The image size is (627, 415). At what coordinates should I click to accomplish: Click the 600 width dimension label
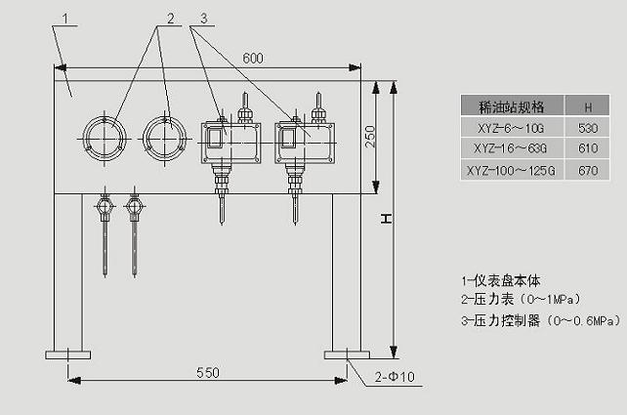(253, 59)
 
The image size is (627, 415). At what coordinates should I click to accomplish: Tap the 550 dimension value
(208, 373)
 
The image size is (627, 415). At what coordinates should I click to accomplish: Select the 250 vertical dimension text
(370, 137)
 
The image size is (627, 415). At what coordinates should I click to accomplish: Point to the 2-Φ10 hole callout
(395, 377)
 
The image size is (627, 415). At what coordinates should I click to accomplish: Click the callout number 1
(65, 19)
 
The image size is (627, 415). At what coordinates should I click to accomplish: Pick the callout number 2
(171, 19)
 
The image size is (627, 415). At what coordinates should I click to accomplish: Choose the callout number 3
(204, 19)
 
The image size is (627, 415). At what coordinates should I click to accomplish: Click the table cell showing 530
(588, 128)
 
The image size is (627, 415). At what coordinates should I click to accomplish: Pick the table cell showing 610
(588, 148)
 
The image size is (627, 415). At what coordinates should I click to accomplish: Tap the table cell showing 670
(588, 171)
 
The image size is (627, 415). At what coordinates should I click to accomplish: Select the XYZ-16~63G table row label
(510, 148)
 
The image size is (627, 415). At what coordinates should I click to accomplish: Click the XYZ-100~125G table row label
(511, 171)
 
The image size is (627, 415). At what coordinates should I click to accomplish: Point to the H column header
(588, 107)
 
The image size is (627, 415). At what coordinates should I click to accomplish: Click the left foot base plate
(68, 354)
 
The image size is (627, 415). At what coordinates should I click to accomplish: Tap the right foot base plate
(347, 354)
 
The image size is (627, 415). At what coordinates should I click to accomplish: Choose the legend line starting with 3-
(541, 320)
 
